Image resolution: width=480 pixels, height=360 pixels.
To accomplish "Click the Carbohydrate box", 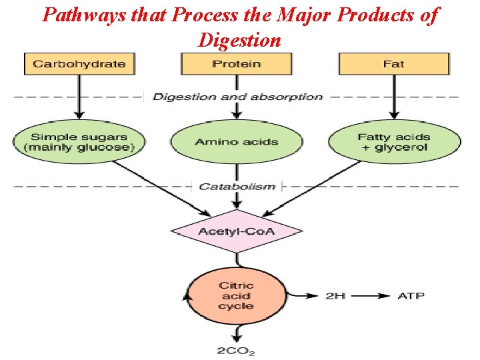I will (x=79, y=64).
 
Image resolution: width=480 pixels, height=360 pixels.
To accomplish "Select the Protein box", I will (x=237, y=64).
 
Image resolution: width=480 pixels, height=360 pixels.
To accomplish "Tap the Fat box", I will (x=393, y=64).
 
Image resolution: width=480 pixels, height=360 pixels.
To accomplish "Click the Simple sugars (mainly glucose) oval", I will (x=79, y=142).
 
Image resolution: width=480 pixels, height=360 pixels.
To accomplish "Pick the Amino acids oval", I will (x=237, y=142).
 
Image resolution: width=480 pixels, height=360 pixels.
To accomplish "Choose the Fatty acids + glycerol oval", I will (x=394, y=142).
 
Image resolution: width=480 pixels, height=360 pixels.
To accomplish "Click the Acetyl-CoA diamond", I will (x=237, y=231).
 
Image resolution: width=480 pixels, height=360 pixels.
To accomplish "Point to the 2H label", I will (x=335, y=295).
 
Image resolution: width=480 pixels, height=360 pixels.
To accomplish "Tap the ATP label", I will (x=411, y=295).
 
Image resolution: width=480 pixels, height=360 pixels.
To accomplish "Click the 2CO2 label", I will (x=235, y=351).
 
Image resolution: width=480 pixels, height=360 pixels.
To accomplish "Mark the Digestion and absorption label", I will (x=237, y=97).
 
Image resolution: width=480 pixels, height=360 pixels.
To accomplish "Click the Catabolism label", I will (x=237, y=186).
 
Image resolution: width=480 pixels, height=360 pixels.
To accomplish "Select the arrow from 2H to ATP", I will (x=371, y=295).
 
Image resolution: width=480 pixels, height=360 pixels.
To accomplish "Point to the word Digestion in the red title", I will (x=239, y=40).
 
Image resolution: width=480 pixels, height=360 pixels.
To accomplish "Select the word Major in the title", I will (x=303, y=15).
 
